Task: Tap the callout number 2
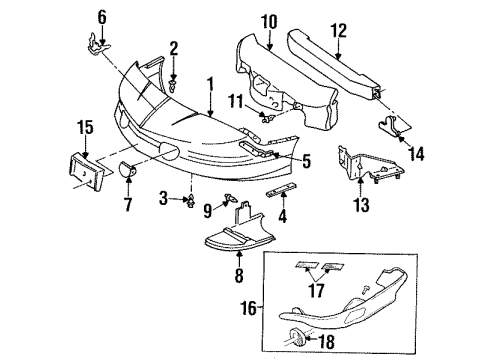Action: [x=173, y=48]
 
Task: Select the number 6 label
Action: [x=100, y=16]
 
